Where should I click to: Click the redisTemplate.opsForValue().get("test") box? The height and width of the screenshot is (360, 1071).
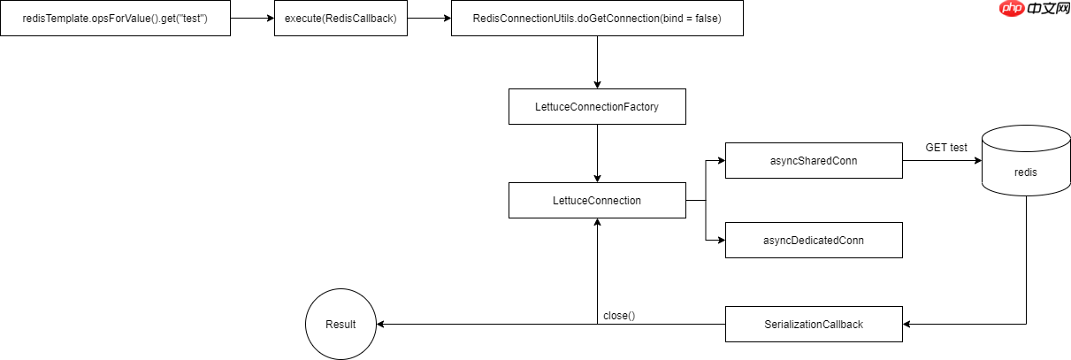[x=115, y=19]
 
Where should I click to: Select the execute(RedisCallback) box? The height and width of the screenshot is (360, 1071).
[x=340, y=19]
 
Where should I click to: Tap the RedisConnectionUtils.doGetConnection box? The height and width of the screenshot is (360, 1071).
[x=597, y=19]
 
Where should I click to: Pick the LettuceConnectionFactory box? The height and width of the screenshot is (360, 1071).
[x=597, y=107]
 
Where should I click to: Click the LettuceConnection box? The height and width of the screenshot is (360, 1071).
[x=597, y=201]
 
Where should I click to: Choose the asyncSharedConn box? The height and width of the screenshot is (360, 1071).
[x=814, y=161]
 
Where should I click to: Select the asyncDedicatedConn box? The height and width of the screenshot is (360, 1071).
[x=814, y=240]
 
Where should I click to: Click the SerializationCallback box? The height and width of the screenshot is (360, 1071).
[x=814, y=325]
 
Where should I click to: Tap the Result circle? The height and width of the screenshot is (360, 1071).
[x=340, y=325]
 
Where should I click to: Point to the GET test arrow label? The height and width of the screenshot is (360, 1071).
[x=946, y=147]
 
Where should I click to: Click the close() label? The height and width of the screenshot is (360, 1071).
[x=619, y=315]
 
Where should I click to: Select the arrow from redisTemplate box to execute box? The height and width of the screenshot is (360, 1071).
[x=252, y=19]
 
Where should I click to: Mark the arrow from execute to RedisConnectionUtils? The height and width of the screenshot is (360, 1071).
[x=429, y=19]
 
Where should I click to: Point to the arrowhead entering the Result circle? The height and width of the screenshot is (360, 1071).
[x=382, y=325]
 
